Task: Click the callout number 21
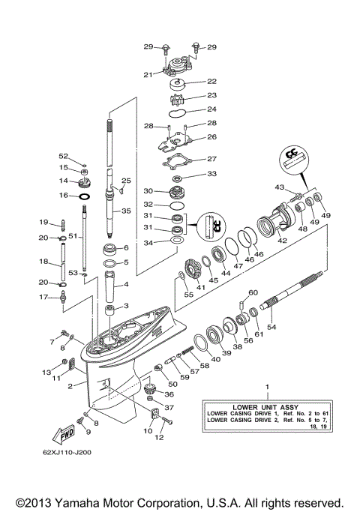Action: pyautogui.click(x=148, y=73)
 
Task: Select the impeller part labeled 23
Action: pyautogui.click(x=178, y=98)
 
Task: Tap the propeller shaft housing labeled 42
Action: pyautogui.click(x=272, y=223)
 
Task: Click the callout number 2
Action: pyautogui.click(x=69, y=386)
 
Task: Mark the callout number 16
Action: pyautogui.click(x=64, y=195)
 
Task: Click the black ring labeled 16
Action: pyautogui.click(x=85, y=196)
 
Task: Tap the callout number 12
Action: pyautogui.click(x=159, y=438)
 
